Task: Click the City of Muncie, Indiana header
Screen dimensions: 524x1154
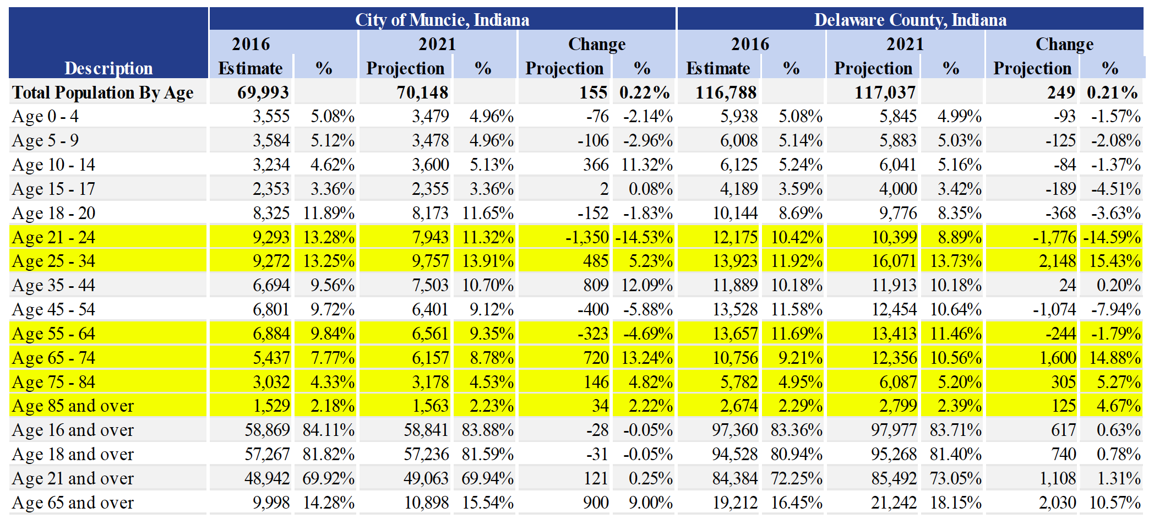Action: coord(442,20)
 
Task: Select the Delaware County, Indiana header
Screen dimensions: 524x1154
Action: coord(910,20)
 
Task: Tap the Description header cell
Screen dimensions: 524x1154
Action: coord(108,68)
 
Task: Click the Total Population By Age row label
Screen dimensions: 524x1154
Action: coord(103,92)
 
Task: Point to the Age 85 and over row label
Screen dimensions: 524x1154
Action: coord(73,406)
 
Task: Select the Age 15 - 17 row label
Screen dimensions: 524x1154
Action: coord(53,189)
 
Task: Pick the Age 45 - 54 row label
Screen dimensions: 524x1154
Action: coord(53,309)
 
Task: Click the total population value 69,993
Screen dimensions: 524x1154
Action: coord(263,92)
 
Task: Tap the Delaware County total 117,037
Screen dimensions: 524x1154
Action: coord(885,92)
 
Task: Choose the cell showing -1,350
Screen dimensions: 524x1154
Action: coord(587,237)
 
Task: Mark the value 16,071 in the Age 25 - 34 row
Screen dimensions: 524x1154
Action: coord(894,261)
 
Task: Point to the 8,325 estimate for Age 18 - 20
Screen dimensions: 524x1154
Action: coord(271,213)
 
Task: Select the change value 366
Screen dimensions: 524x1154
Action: coord(596,165)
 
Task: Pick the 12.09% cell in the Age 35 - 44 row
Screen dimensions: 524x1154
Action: coord(647,285)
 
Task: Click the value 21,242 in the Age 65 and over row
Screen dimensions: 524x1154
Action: coord(894,503)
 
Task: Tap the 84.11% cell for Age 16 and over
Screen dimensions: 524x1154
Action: coord(328,430)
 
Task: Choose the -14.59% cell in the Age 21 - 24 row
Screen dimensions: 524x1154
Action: coord(1112,237)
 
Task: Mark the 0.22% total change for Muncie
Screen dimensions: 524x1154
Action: coord(644,92)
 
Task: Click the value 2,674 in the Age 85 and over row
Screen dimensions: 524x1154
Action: coord(739,406)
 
